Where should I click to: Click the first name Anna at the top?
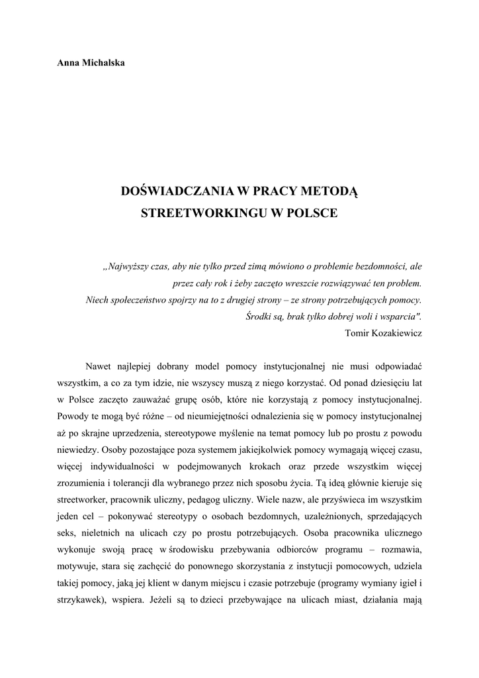pyautogui.click(x=69, y=63)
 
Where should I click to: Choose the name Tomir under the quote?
pyautogui.click(x=358, y=333)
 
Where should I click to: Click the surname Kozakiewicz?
pyautogui.click(x=398, y=333)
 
